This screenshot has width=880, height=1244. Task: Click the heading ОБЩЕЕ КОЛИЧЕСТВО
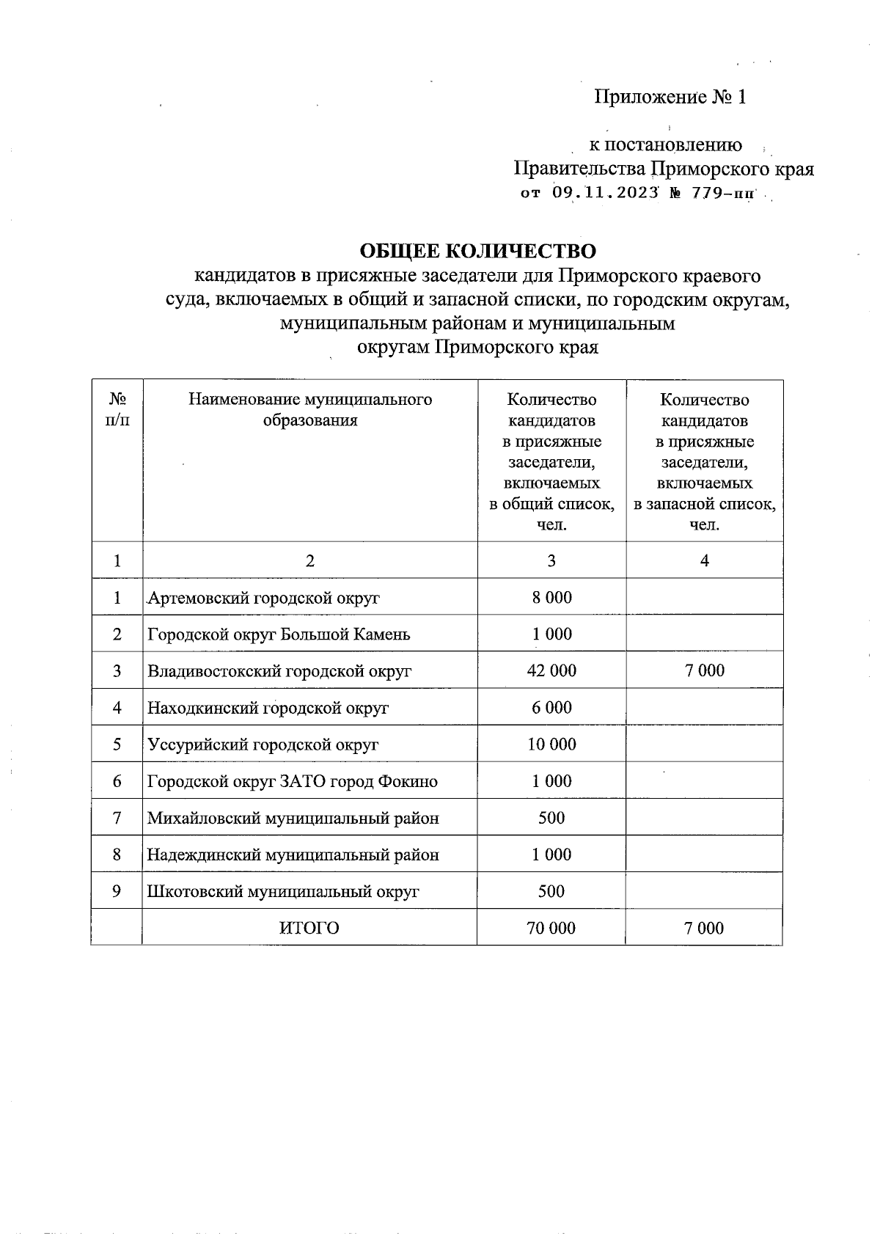pyautogui.click(x=477, y=251)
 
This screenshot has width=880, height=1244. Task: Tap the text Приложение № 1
pyautogui.click(x=670, y=97)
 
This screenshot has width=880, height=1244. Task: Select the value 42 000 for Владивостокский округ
pyautogui.click(x=551, y=670)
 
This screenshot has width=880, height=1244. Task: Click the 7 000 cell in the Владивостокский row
pyautogui.click(x=704, y=670)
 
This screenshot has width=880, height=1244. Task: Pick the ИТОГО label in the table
pyautogui.click(x=309, y=928)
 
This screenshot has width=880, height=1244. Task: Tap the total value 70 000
pyautogui.click(x=551, y=928)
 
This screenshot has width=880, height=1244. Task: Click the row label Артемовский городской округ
pyautogui.click(x=264, y=598)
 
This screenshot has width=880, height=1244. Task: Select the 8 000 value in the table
pyautogui.click(x=551, y=597)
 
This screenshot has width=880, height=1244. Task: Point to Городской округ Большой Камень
pyautogui.click(x=279, y=634)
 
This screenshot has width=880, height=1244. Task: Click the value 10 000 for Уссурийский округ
pyautogui.click(x=551, y=744)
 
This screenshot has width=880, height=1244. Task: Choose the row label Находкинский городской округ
pyautogui.click(x=268, y=708)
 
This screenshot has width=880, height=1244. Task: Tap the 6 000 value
pyautogui.click(x=551, y=707)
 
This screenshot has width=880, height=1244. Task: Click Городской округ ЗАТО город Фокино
pyautogui.click(x=292, y=781)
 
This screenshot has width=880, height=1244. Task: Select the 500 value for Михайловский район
pyautogui.click(x=551, y=818)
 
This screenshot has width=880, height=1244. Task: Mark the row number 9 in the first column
pyautogui.click(x=117, y=891)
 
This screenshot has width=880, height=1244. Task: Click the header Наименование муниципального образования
pyautogui.click(x=310, y=409)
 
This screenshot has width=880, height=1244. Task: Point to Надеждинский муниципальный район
pyautogui.click(x=293, y=855)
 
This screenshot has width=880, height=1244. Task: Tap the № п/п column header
pyautogui.click(x=117, y=409)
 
